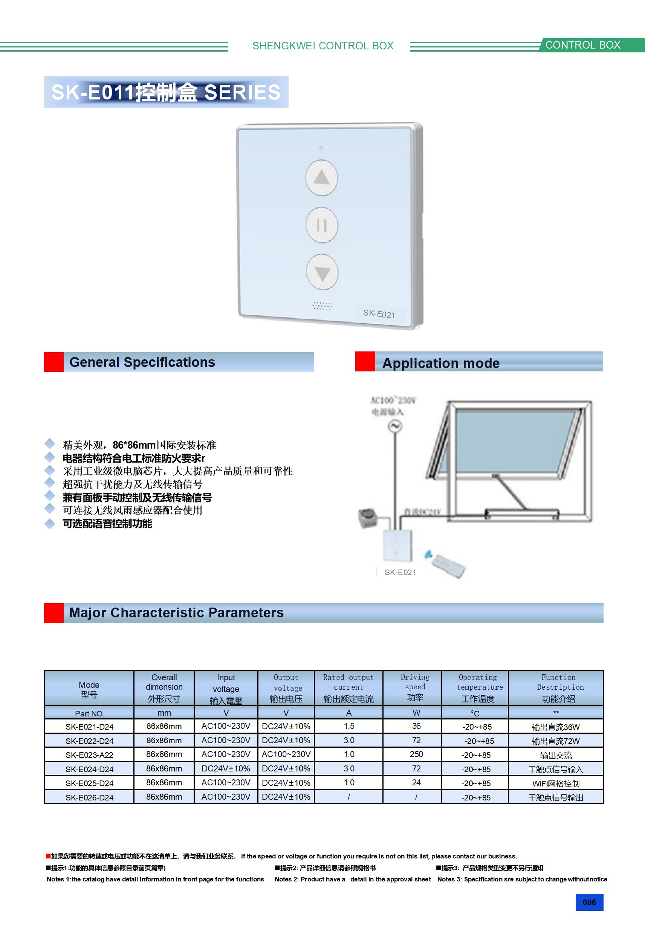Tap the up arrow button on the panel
pyautogui.click(x=321, y=178)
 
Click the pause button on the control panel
pyautogui.click(x=321, y=225)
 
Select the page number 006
pyautogui.click(x=589, y=903)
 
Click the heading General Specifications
pyautogui.click(x=142, y=362)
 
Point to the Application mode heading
pyautogui.click(x=441, y=363)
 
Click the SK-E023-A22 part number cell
pyautogui.click(x=89, y=754)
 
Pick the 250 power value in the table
pyautogui.click(x=416, y=754)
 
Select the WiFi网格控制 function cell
pyautogui.click(x=556, y=783)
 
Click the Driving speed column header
pyautogui.click(x=415, y=687)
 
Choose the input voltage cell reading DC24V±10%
pyautogui.click(x=226, y=768)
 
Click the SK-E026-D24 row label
pyautogui.click(x=89, y=797)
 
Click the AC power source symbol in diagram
pyautogui.click(x=395, y=426)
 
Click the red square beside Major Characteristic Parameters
pyautogui.click(x=54, y=613)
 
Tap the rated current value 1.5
pyautogui.click(x=349, y=726)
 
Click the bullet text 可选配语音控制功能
pyautogui.click(x=107, y=524)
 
